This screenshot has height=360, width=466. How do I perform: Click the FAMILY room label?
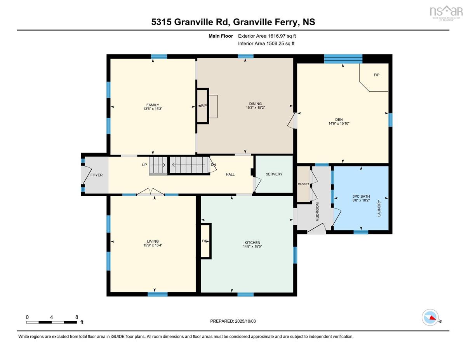pyautogui.click(x=153, y=105)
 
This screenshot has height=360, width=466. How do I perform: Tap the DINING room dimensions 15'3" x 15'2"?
pyautogui.click(x=255, y=108)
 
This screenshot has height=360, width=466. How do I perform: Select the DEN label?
pyautogui.click(x=339, y=120)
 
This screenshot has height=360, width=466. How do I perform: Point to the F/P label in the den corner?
pyautogui.click(x=377, y=75)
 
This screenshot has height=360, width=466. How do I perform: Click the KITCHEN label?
pyautogui.click(x=252, y=242)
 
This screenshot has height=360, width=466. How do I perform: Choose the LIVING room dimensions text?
pyautogui.click(x=153, y=245)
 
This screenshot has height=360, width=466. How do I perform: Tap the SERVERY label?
pyautogui.click(x=274, y=174)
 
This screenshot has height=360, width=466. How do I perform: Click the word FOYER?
pyautogui.click(x=97, y=175)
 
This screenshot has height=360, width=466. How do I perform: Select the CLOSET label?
pyautogui.click(x=303, y=184)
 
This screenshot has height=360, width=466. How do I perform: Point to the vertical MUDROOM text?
pyautogui.click(x=317, y=212)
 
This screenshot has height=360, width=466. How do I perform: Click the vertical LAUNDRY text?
pyautogui.click(x=379, y=208)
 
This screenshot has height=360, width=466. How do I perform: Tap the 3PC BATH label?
pyautogui.click(x=361, y=197)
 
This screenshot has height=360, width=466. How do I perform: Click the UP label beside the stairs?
pyautogui.click(x=144, y=165)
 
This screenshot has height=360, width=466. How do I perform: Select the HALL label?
pyautogui.click(x=230, y=174)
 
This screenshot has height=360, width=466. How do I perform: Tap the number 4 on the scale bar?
pyautogui.click(x=52, y=317)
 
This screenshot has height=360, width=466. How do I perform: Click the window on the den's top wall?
pyautogui.click(x=343, y=59)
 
